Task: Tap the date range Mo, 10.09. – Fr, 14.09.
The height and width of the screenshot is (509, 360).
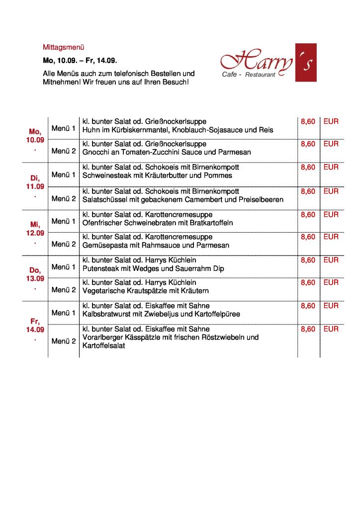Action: (x=80, y=61)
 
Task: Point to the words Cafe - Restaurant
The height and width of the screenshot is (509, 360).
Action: (x=249, y=75)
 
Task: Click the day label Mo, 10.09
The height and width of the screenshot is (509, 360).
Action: (x=35, y=136)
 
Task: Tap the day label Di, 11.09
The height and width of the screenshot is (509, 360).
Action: (x=35, y=182)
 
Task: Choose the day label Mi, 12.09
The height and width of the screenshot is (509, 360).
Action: (x=35, y=229)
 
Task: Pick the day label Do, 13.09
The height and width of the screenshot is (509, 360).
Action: (x=35, y=274)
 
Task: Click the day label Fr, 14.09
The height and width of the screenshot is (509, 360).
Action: (x=35, y=325)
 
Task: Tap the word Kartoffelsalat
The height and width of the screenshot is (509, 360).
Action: (x=103, y=345)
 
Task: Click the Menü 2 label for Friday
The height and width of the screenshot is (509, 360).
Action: (x=64, y=341)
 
